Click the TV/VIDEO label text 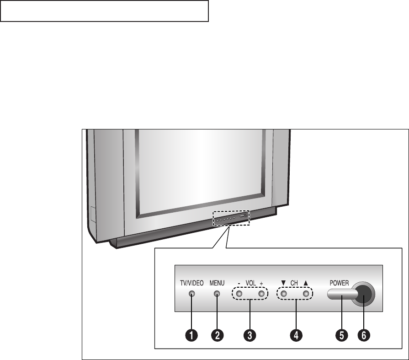tap(191, 283)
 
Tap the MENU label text tap(217, 283)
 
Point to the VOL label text tap(250, 283)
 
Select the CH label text tap(295, 283)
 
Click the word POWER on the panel tap(339, 283)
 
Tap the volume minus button tap(239, 294)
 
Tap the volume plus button tap(261, 294)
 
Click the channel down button tap(283, 294)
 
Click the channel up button tap(306, 294)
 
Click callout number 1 tap(191, 335)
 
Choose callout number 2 tap(217, 335)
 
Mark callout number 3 tap(250, 335)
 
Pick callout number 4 tap(296, 335)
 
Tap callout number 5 tap(340, 335)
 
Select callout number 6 tap(363, 335)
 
